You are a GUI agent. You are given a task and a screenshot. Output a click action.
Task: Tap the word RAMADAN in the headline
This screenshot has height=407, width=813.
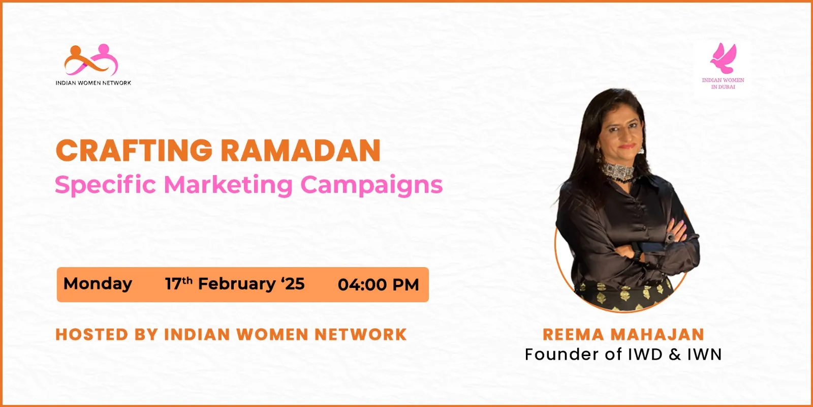(301, 150)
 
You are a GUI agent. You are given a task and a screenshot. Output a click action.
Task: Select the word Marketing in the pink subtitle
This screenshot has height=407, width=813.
(228, 185)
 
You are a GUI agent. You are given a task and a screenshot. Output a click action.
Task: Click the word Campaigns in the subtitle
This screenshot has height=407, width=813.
(372, 185)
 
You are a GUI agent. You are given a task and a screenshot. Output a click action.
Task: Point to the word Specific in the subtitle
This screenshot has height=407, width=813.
(105, 185)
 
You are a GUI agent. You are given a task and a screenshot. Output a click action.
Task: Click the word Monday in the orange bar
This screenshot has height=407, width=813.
(98, 284)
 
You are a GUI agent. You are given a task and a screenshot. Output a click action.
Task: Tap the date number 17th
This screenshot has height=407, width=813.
(178, 283)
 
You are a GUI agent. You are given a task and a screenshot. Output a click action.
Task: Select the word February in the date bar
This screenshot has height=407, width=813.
(237, 284)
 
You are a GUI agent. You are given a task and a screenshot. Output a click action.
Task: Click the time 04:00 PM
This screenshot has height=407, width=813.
(378, 284)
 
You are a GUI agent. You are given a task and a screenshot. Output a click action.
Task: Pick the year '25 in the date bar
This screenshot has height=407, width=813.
(293, 283)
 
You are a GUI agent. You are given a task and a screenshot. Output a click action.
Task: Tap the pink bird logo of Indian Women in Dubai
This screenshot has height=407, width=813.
(724, 58)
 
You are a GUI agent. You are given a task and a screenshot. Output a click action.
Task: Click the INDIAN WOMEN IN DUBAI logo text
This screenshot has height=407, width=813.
(723, 83)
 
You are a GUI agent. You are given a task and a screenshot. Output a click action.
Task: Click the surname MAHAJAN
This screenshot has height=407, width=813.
(658, 335)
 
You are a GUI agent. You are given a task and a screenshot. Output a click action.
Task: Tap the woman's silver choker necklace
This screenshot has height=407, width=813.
(618, 171)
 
